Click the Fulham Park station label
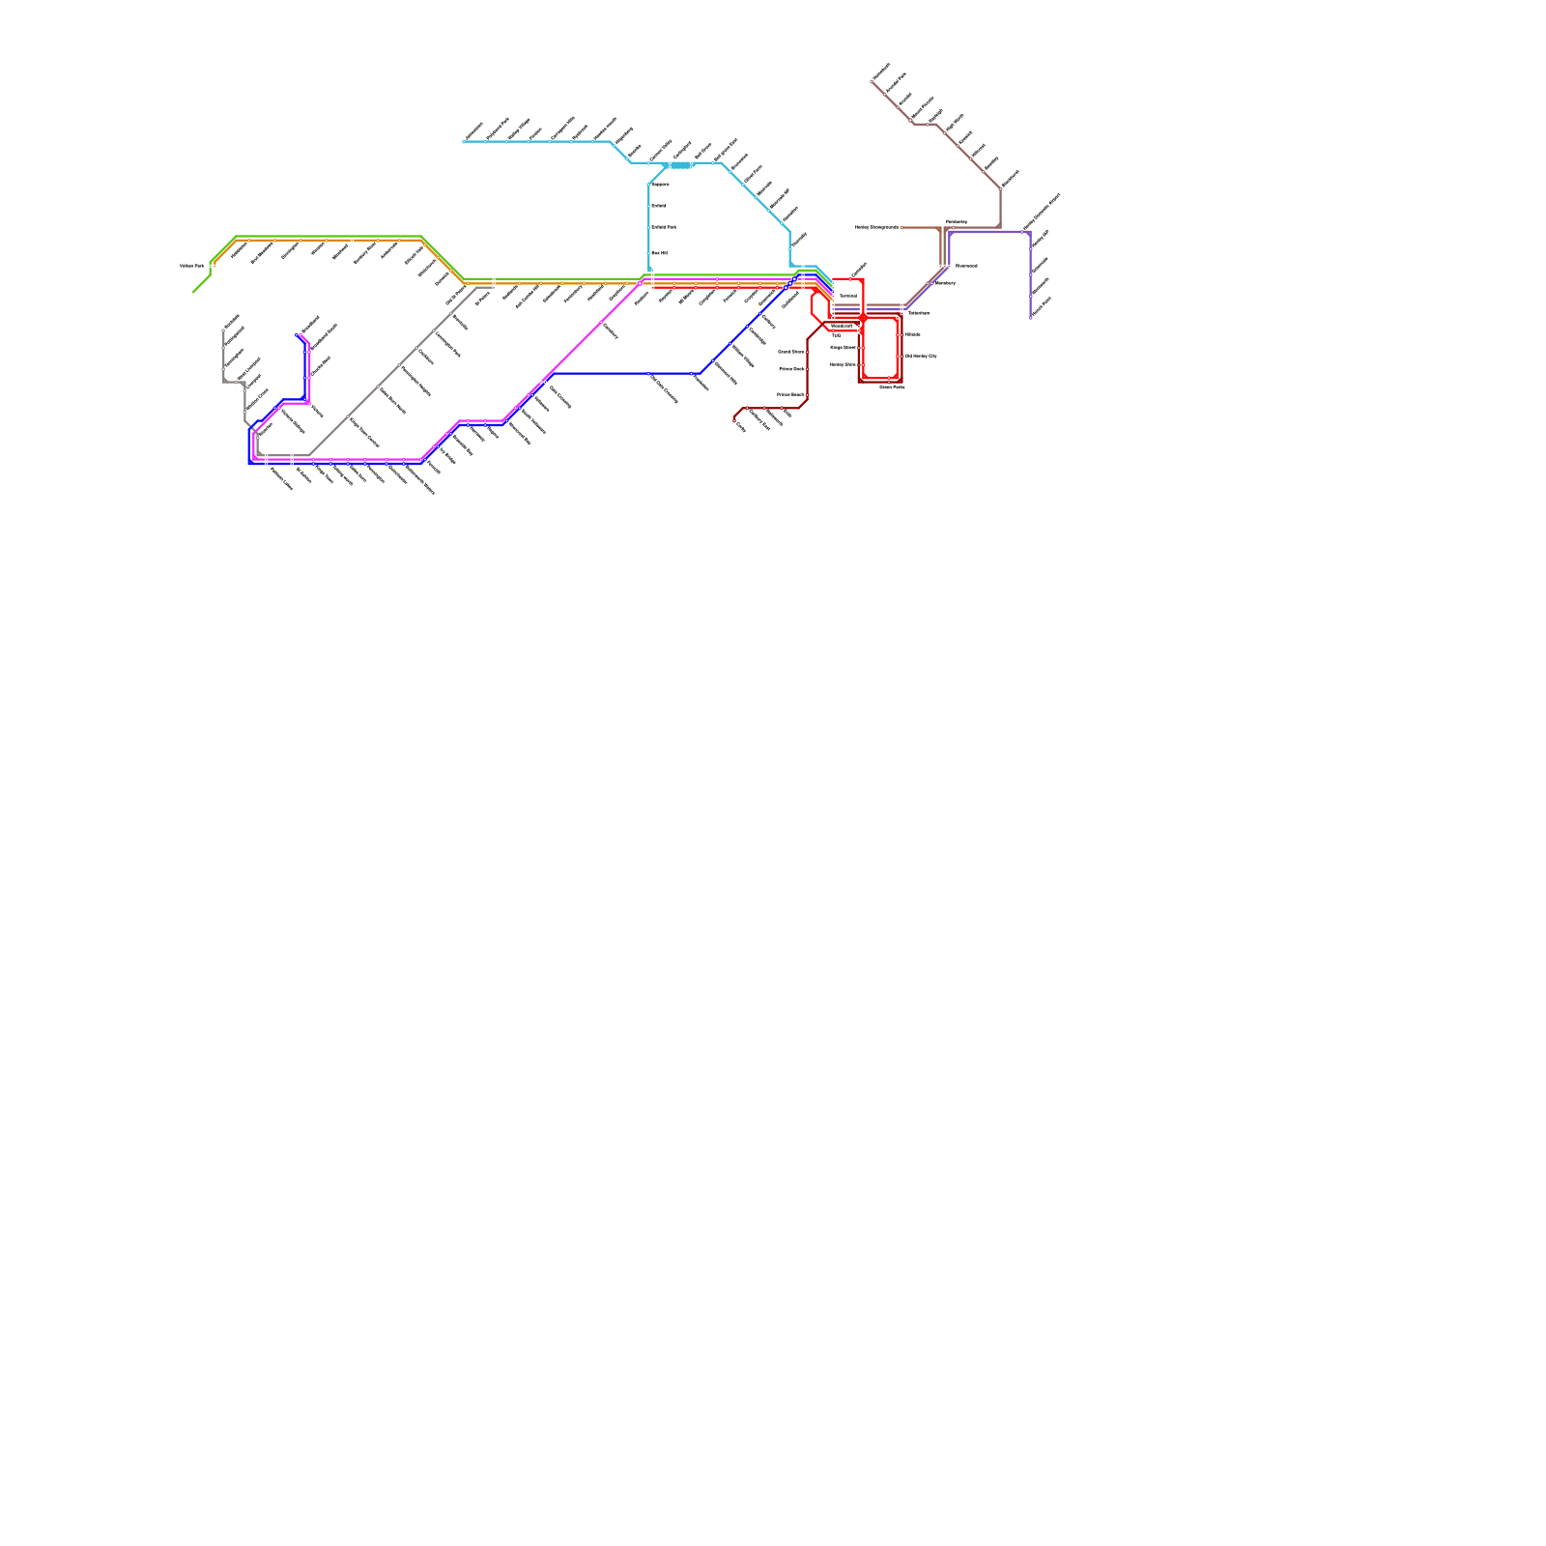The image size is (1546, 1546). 191,266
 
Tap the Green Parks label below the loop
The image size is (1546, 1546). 891,386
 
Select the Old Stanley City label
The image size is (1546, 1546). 920,357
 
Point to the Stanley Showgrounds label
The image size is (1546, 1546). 876,228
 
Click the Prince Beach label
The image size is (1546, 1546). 790,395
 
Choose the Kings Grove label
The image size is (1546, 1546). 843,347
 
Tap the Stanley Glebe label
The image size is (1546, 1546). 842,365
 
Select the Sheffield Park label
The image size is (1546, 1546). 664,227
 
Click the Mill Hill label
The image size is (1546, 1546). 660,253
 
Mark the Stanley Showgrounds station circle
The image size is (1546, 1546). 902,228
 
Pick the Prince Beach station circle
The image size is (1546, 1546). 808,395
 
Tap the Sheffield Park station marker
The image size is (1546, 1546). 649,227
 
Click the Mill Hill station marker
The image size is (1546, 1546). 649,253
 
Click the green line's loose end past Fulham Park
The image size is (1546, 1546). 193,291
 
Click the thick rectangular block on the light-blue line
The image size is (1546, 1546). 680,165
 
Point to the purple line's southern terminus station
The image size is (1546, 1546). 1030,316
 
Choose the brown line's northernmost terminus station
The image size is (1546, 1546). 873,81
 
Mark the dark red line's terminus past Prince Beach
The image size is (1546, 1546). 735,418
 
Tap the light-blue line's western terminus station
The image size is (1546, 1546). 464,142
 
